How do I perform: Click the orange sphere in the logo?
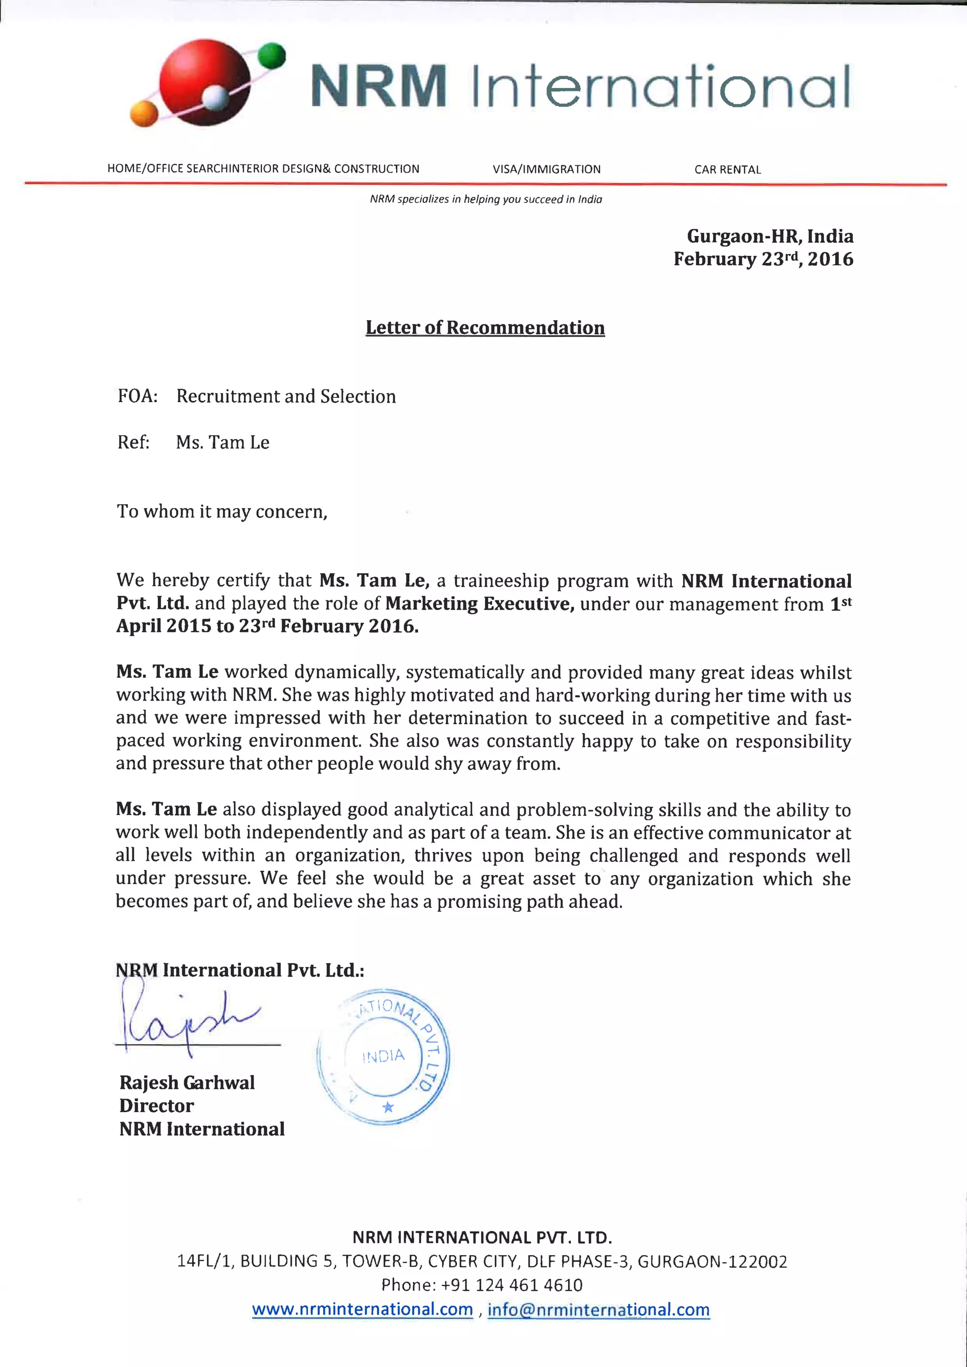point(144,113)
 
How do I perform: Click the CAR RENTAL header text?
point(727,169)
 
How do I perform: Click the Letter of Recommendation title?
point(485,328)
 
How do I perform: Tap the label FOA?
point(137,396)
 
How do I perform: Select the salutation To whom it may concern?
point(222,511)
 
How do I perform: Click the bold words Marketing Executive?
point(479,604)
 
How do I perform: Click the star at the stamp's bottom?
point(388,1107)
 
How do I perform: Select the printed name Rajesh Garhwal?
point(187,1082)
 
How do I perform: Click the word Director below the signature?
point(157,1105)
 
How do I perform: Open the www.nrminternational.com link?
point(362,1309)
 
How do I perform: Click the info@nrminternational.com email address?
point(598,1309)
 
